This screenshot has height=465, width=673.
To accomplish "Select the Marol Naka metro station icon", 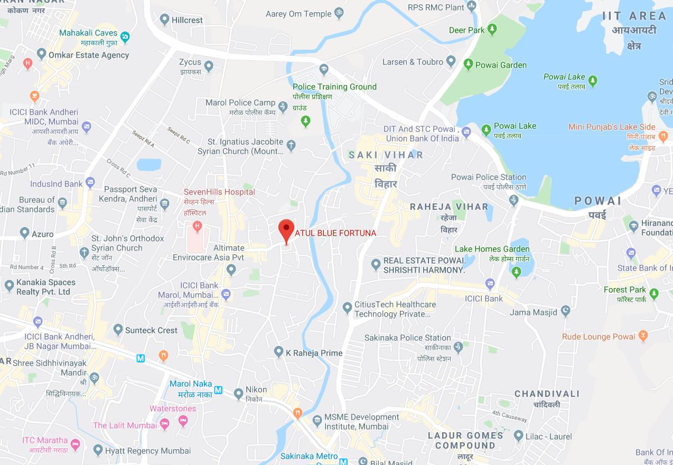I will pyautogui.click(x=219, y=391).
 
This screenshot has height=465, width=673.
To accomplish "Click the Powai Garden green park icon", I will pyautogui.click(x=468, y=64).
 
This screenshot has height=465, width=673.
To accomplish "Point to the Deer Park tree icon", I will pyautogui.click(x=492, y=30).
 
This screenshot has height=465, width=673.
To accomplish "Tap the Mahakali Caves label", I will pyautogui.click(x=88, y=33).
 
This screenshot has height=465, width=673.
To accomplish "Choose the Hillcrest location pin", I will pyautogui.click(x=164, y=20).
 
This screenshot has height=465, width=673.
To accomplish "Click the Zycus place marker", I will pyautogui.click(x=209, y=66).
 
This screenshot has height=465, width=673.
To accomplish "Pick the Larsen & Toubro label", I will pyautogui.click(x=413, y=62).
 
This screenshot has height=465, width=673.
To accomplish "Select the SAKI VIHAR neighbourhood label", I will pyautogui.click(x=386, y=155).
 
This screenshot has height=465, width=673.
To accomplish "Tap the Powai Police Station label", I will pyautogui.click(x=489, y=177).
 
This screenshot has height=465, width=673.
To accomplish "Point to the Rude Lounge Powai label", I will pyautogui.click(x=599, y=337).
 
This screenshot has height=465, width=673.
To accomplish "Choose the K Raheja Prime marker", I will pyautogui.click(x=278, y=351).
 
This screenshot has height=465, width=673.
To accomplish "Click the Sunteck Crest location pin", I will pyautogui.click(x=118, y=330).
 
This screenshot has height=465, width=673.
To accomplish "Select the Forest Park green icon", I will pyautogui.click(x=655, y=293).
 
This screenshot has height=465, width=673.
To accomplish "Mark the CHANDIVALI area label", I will pyautogui.click(x=547, y=394).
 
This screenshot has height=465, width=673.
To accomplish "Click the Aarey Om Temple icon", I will pyautogui.click(x=339, y=13).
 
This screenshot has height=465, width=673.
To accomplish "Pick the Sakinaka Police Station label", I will pyautogui.click(x=408, y=338).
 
